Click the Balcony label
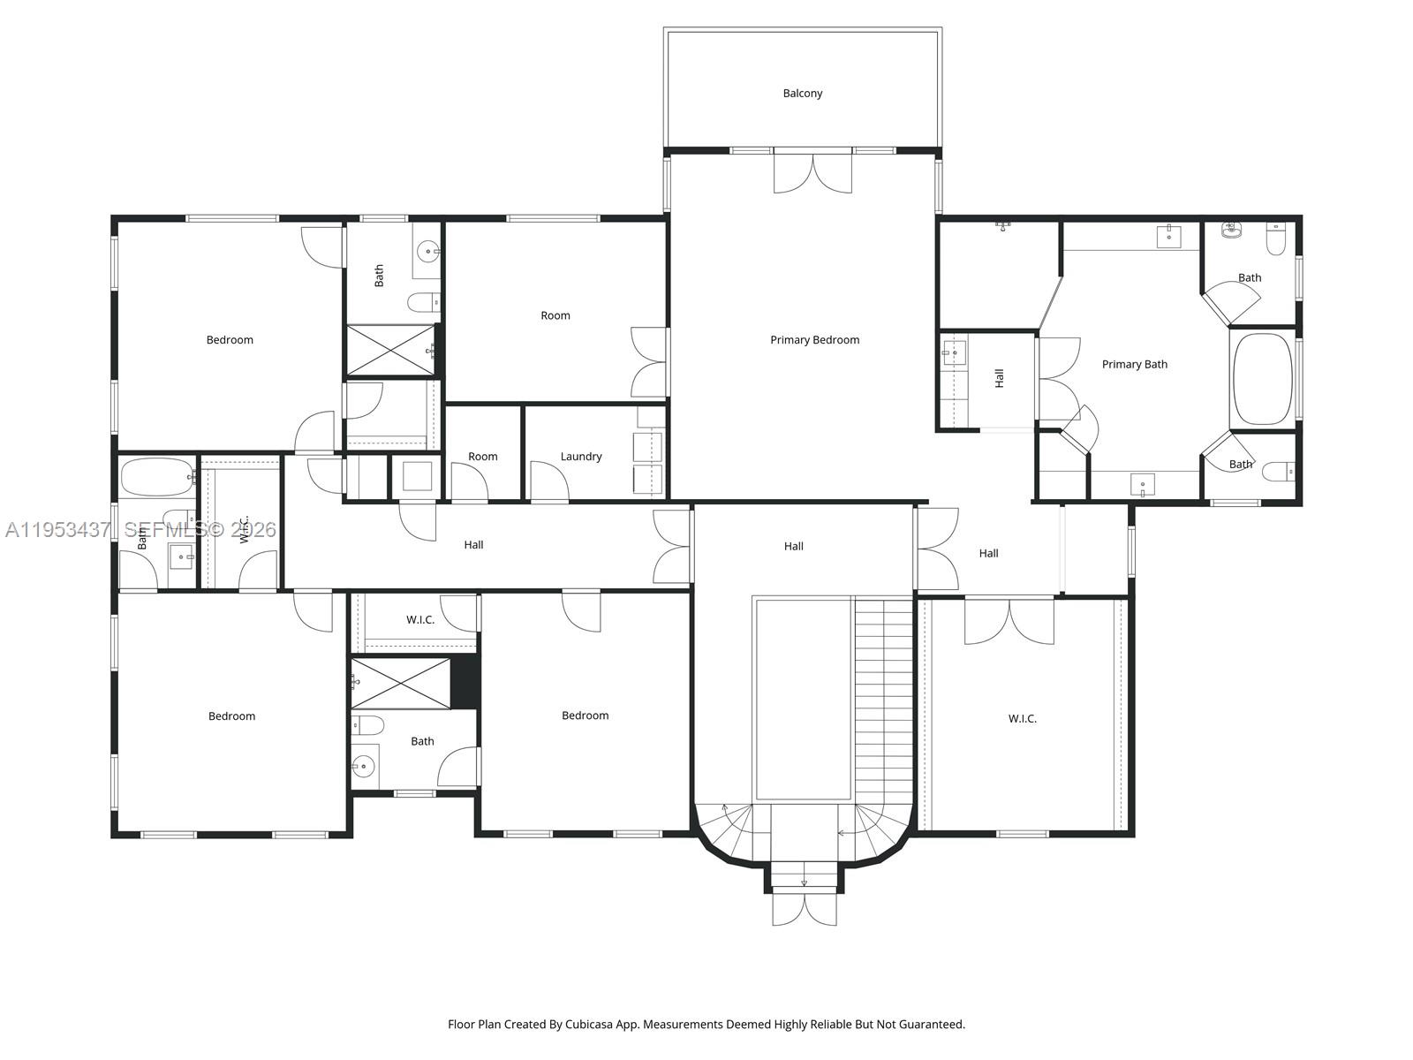[x=802, y=93]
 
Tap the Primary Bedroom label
[x=814, y=340]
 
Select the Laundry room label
[x=580, y=457]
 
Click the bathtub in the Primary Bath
[x=1262, y=379]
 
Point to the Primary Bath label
[x=1134, y=364]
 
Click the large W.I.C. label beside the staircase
[x=1022, y=719]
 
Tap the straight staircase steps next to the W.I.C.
[x=883, y=698]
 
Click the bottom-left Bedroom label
[x=231, y=716]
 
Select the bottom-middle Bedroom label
[x=585, y=715]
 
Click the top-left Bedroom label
[x=230, y=340]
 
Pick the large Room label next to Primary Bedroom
[x=555, y=315]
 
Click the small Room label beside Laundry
[x=482, y=457]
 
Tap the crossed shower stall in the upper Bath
[x=389, y=350]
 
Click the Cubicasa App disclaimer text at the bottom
[x=706, y=1025]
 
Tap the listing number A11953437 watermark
[x=57, y=530]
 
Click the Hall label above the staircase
[x=793, y=547]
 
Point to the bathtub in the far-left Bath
[x=157, y=477]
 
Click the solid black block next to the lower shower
[x=465, y=682]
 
